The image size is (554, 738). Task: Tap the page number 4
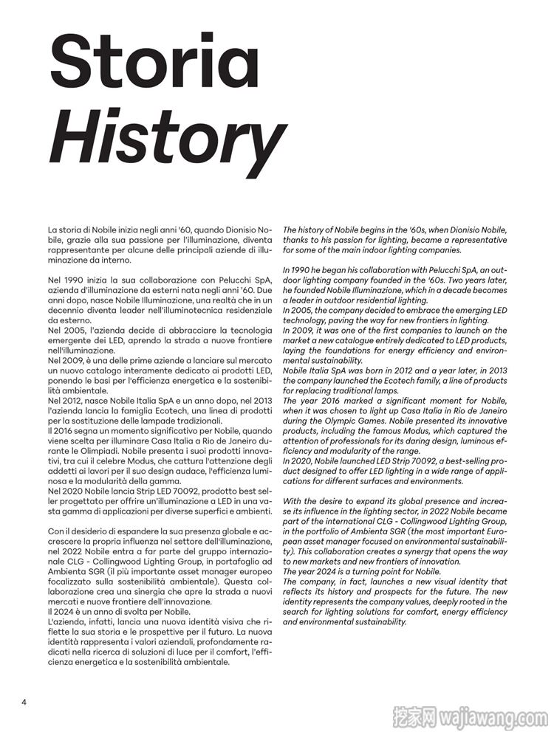[x=24, y=701]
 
